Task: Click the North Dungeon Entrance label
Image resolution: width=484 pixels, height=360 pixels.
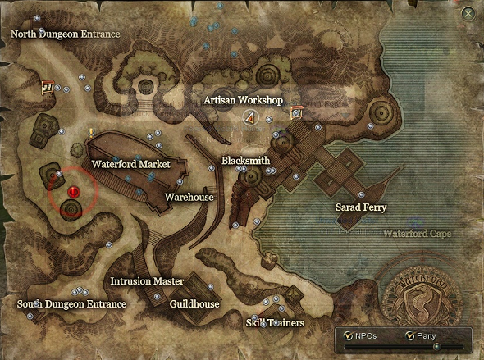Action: click(x=65, y=34)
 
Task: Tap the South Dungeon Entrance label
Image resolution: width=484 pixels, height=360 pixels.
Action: click(x=72, y=304)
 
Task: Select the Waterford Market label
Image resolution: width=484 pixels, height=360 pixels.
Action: click(x=130, y=164)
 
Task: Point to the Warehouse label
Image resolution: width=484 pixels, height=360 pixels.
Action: click(x=189, y=198)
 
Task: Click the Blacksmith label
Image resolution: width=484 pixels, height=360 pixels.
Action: click(x=245, y=161)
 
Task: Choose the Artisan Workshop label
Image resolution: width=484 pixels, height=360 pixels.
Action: click(x=243, y=100)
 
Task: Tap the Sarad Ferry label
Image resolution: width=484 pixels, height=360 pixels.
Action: click(x=361, y=207)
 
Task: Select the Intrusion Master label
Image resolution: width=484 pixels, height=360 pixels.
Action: click(x=147, y=281)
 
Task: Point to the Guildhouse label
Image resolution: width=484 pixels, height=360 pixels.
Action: click(x=194, y=303)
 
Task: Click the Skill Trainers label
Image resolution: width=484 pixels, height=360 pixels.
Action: click(x=275, y=323)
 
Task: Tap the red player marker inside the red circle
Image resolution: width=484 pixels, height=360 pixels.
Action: click(x=73, y=193)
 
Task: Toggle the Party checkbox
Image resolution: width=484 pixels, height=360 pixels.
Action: click(x=409, y=335)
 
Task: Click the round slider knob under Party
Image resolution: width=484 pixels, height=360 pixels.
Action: click(x=436, y=346)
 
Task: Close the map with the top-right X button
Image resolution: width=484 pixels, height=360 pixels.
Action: click(x=468, y=13)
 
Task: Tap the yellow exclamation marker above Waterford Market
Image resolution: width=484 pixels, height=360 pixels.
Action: click(x=91, y=131)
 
